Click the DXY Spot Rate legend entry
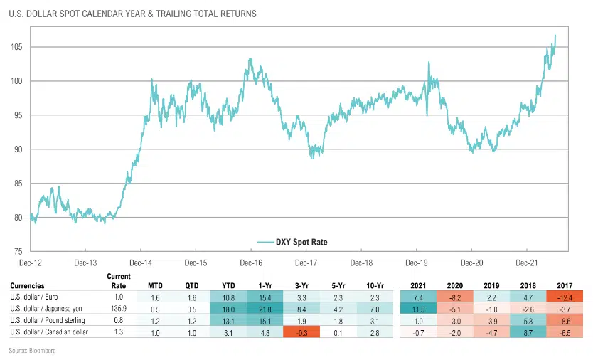(x=297, y=241)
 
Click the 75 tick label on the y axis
(x=18, y=251)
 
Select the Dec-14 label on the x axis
(x=141, y=263)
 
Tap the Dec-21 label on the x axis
(x=526, y=263)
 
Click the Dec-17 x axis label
(x=306, y=263)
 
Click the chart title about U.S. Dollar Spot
(x=132, y=14)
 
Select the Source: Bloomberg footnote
(x=33, y=351)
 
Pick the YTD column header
(x=229, y=285)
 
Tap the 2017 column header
(x=564, y=285)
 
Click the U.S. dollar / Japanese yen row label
(x=48, y=309)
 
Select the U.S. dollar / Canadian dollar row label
(x=50, y=332)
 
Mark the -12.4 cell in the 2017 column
(x=564, y=297)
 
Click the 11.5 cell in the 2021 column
(x=417, y=309)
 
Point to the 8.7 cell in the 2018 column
(x=527, y=332)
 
